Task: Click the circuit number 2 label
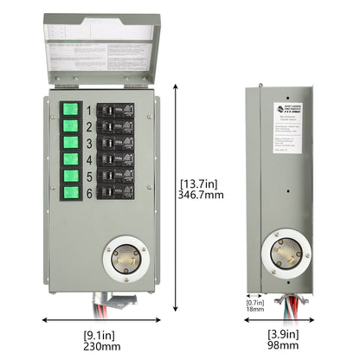coord(89,127)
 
